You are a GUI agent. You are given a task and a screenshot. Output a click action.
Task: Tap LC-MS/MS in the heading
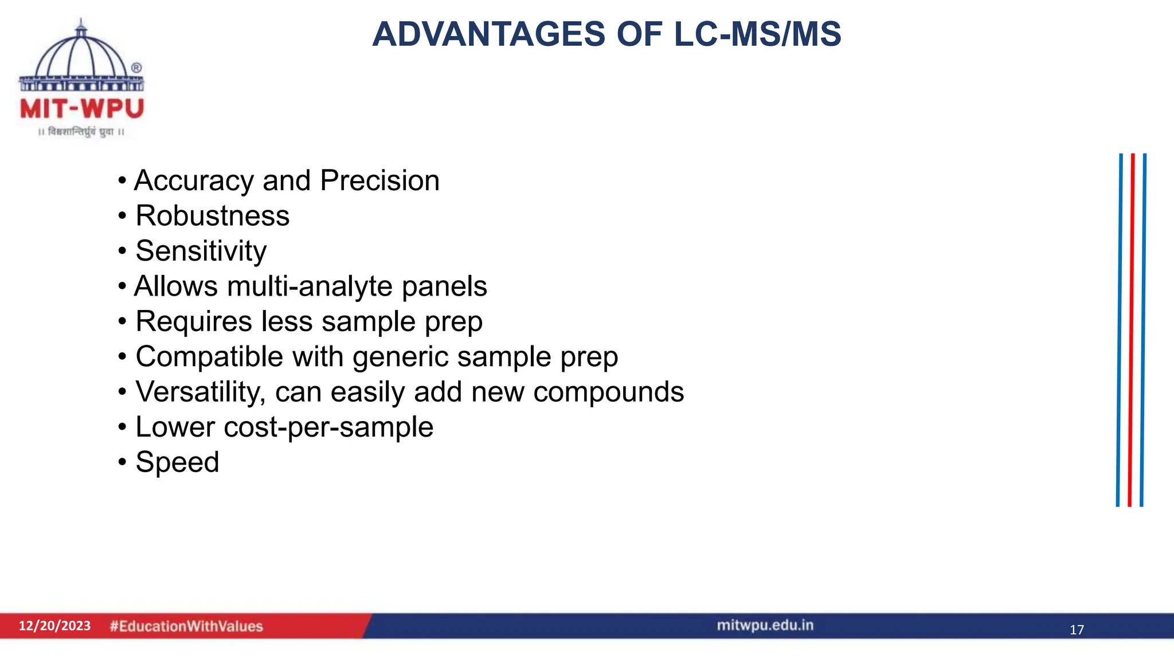[757, 34]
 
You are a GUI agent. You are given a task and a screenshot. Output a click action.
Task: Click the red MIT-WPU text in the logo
[82, 109]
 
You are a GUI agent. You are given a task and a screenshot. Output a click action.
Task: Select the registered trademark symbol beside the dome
[136, 68]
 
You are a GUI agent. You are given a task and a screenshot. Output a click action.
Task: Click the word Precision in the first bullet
[380, 181]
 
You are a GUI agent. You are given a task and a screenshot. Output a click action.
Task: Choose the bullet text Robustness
[213, 216]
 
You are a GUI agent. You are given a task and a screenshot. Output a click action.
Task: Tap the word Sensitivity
[201, 252]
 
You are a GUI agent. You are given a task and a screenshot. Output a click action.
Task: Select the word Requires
[194, 321]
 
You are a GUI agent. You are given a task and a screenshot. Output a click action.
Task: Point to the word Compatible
[209, 357]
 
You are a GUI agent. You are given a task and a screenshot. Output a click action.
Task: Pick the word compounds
[608, 392]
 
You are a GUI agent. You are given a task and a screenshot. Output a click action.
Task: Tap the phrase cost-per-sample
[328, 427]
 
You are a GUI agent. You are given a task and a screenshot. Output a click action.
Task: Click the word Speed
[178, 462]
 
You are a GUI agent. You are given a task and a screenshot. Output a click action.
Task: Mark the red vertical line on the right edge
[1131, 329]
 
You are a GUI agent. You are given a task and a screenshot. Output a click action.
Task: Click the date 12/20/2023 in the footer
[55, 626]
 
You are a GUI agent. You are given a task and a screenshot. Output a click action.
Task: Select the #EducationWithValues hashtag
[186, 626]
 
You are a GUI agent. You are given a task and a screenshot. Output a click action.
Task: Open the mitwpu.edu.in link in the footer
[765, 625]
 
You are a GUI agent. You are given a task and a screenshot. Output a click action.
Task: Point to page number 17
[1077, 630]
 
